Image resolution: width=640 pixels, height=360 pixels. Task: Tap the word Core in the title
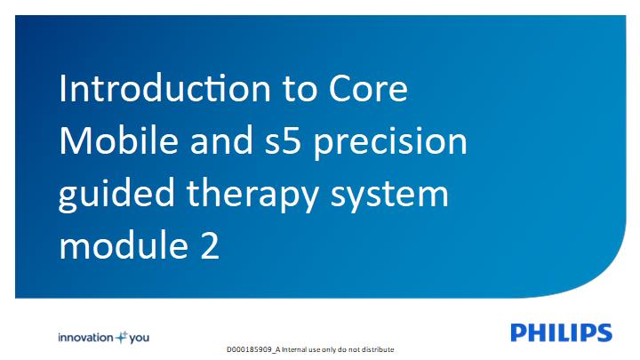tap(368, 88)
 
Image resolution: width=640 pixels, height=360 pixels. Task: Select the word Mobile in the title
tap(119, 140)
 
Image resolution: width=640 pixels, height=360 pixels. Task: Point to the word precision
tap(390, 144)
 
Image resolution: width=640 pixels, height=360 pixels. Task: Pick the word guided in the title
tap(116, 196)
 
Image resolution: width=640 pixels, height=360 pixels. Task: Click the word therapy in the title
tap(252, 196)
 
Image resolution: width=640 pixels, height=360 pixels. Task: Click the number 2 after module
tap(210, 245)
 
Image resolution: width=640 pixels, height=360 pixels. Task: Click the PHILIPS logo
tap(561, 332)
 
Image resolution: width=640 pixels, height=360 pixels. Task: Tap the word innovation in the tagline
tap(85, 338)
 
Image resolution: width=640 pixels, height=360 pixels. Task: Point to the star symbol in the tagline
tap(122, 337)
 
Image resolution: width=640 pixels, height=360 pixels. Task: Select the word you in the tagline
tap(140, 339)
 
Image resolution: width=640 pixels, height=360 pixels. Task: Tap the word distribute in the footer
tap(380, 350)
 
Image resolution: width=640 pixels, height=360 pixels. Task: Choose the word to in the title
tap(300, 90)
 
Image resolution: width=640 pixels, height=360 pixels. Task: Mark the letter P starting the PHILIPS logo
tap(518, 332)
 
